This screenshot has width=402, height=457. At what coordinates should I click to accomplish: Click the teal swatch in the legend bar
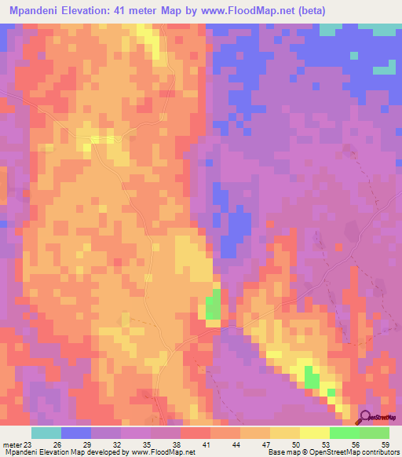(46, 433)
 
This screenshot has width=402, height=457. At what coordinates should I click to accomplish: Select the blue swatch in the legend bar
(76, 433)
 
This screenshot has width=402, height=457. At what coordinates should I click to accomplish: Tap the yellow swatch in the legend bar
(315, 433)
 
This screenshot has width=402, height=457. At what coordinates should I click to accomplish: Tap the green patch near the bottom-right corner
(312, 378)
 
